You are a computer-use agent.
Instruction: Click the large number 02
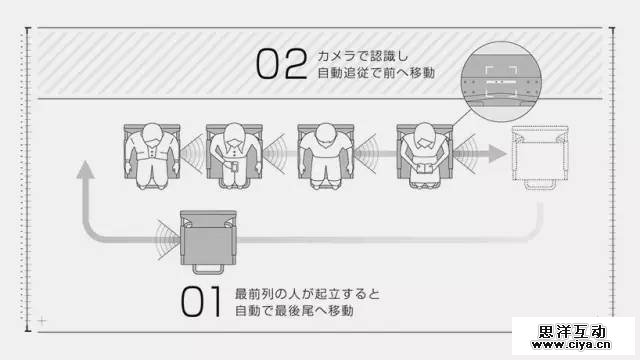pos(282,64)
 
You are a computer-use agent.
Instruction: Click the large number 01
pos(201,302)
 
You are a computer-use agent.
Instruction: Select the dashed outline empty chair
pos(540,158)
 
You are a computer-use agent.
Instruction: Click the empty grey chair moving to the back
pos(208,242)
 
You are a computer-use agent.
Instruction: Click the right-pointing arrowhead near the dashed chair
pos(498,154)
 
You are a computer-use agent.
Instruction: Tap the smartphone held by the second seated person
pos(234,166)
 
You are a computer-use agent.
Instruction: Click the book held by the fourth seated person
pos(425,169)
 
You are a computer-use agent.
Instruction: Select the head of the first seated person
pos(152,134)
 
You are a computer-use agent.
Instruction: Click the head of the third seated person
pos(326,134)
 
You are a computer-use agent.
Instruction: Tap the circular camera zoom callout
pos(501,82)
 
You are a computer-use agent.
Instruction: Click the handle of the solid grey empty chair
pos(208,269)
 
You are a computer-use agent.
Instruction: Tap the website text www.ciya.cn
pos(571,344)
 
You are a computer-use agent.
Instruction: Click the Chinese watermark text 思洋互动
pos(571,331)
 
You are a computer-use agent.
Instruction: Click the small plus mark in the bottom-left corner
pos(42,321)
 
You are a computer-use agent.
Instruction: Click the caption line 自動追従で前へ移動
pos(376,73)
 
